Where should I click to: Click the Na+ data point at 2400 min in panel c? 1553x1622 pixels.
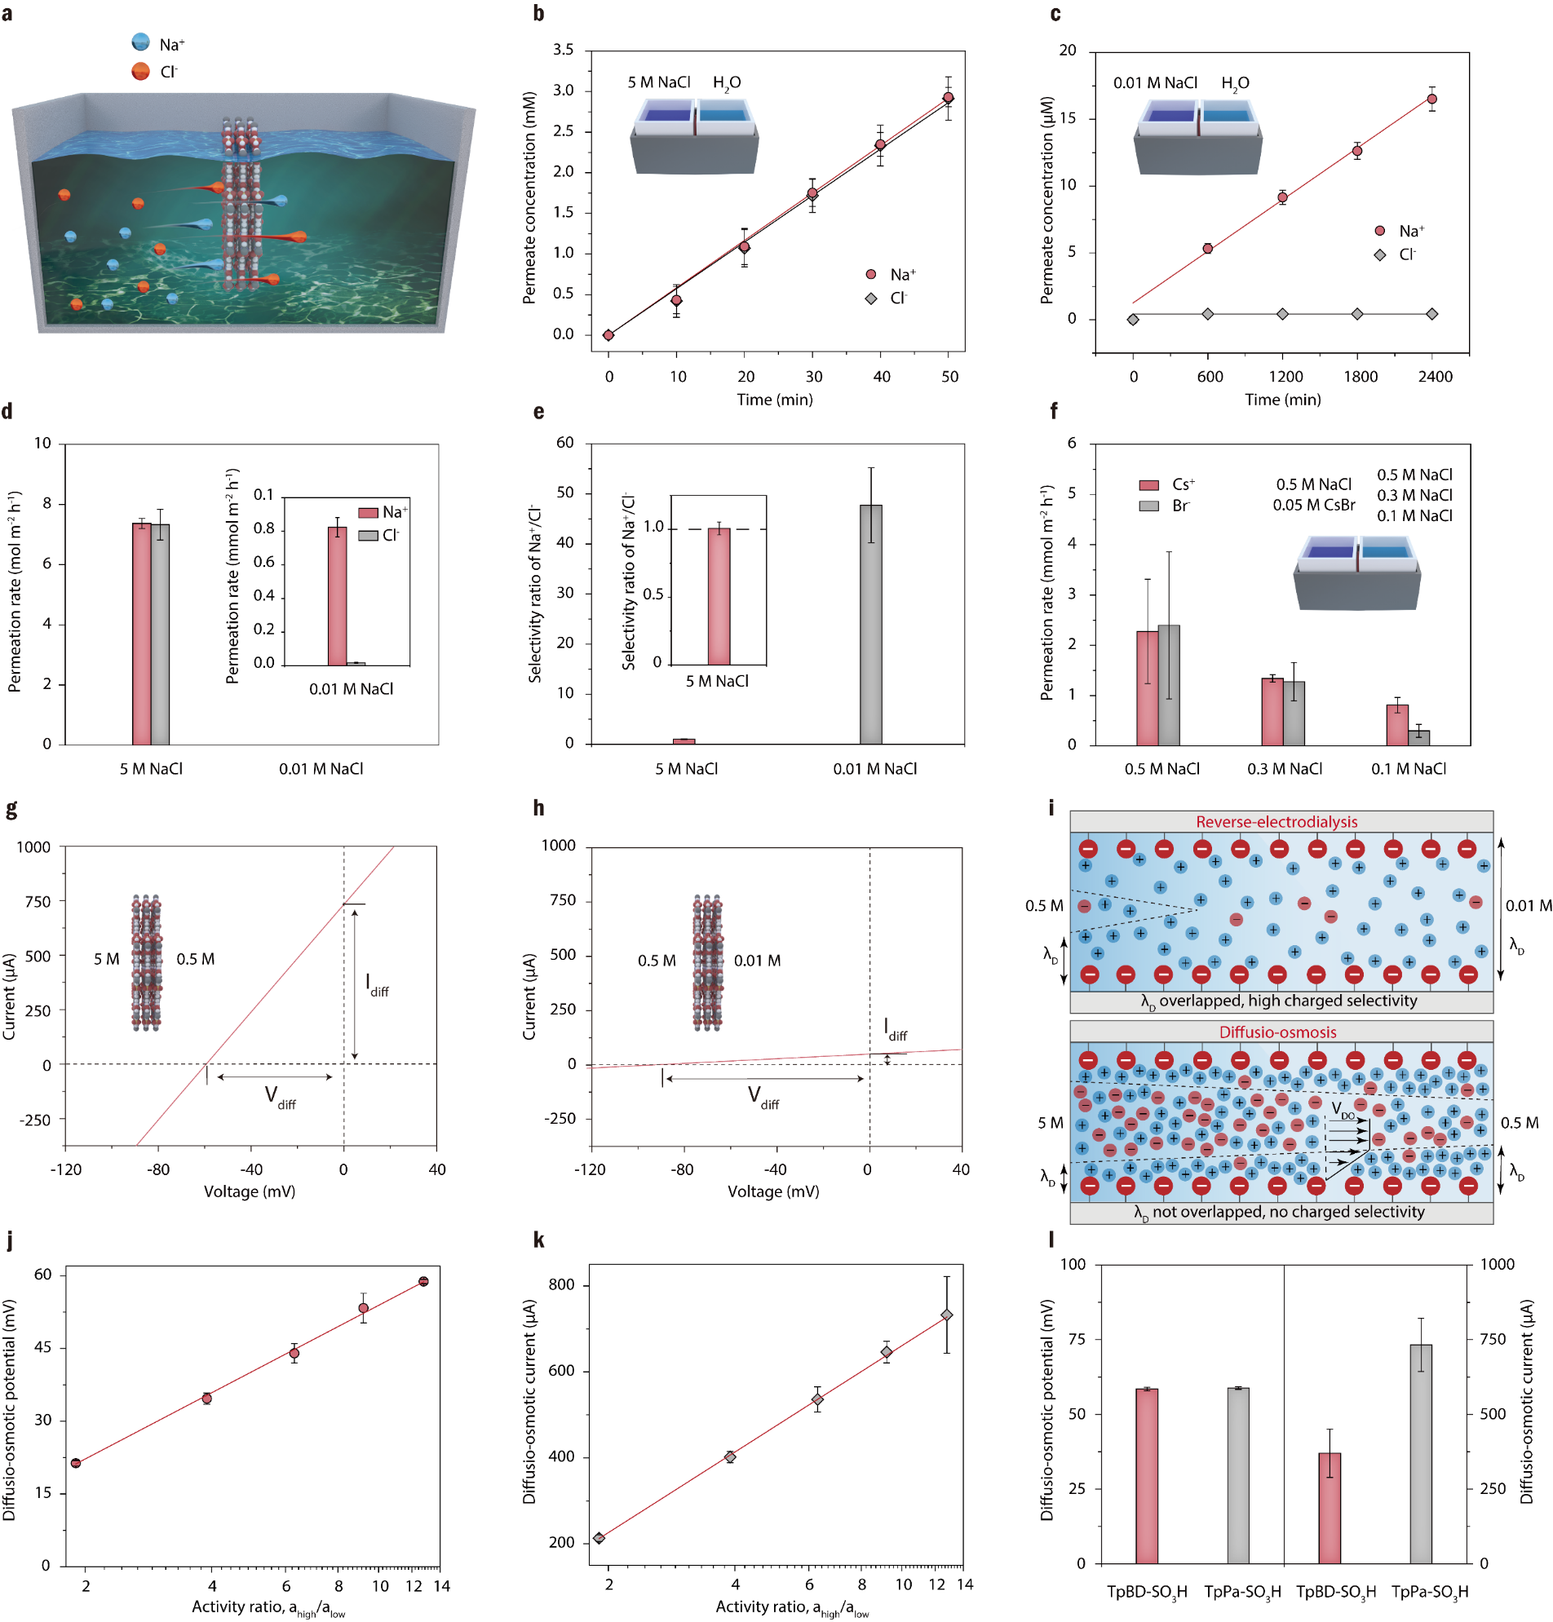[1431, 99]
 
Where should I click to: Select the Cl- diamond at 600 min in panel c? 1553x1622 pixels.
[1208, 314]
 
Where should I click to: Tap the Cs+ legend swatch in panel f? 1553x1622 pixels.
[1148, 484]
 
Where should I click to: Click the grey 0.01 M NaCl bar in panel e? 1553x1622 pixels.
[870, 625]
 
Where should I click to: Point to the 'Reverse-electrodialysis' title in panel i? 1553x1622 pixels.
[1276, 822]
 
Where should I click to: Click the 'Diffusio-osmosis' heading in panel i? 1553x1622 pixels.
[1277, 1032]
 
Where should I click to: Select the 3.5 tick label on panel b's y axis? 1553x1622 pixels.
[563, 50]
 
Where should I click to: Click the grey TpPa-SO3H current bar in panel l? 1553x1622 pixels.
[1421, 1453]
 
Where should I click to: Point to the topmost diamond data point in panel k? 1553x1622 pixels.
[946, 1315]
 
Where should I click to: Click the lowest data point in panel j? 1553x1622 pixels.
[76, 1463]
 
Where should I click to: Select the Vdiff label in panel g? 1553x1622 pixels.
[280, 1098]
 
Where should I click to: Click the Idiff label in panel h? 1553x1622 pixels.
[895, 1029]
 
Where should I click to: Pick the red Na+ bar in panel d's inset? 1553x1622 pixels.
[337, 596]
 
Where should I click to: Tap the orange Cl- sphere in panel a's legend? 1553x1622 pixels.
[141, 71]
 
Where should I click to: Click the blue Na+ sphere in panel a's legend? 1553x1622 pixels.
[141, 42]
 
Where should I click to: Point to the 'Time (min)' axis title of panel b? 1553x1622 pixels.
[774, 400]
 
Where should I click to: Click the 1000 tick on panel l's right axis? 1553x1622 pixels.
[1497, 1265]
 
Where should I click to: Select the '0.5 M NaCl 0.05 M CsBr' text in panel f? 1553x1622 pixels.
[1313, 494]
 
